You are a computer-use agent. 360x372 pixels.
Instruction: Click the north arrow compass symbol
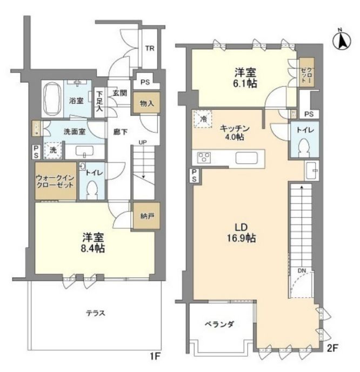pos(342,40)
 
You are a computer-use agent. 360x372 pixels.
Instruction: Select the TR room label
pos(150,49)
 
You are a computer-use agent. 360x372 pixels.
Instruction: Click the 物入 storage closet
pos(146,102)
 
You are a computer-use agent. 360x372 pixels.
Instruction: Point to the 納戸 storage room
pos(146,215)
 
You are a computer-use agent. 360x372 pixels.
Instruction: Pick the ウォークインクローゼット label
pos(55,181)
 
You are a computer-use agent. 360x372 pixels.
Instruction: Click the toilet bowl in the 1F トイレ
pos(92,190)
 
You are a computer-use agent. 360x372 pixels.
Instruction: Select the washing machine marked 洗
pos(53,150)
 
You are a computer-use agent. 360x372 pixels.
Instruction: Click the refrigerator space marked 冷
pos(203,119)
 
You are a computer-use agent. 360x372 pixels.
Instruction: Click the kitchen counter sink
pos(246,158)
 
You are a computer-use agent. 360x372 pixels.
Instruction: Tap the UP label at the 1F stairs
pos(143,143)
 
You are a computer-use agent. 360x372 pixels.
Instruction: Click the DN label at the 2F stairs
pos(302,270)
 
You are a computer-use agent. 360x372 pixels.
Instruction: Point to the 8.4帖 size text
pos(92,248)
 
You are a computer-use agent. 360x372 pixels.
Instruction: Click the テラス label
pos(96,313)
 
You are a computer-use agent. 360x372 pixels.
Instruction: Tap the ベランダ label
pos(219,324)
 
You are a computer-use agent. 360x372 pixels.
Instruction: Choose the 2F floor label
pos(332,348)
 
